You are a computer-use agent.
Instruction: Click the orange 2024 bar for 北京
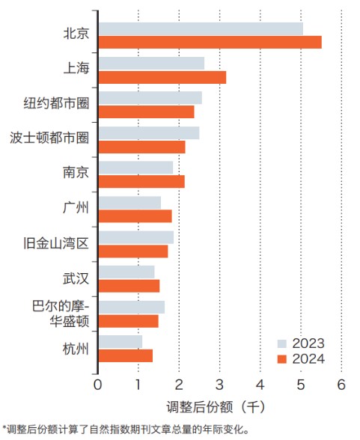[210, 42]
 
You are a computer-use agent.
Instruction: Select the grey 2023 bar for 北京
[201, 28]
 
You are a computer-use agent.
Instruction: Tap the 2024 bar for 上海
[162, 76]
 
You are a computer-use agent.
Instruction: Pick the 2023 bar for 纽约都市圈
[150, 97]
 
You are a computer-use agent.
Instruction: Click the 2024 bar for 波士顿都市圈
[141, 147]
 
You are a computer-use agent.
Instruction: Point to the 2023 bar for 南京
[135, 167]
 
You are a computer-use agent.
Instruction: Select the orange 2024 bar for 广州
[135, 216]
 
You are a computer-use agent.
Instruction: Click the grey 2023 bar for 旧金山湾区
[135, 236]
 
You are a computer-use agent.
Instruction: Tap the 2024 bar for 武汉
[129, 285]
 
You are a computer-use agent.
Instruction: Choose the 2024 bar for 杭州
[125, 355]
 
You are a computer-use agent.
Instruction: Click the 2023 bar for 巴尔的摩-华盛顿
[131, 307]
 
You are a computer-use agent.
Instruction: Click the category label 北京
[76, 34]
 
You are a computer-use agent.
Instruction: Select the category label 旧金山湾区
[56, 243]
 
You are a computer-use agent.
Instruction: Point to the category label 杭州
[76, 348]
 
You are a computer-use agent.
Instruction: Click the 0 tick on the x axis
[98, 385]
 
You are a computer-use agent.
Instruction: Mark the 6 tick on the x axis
[341, 385]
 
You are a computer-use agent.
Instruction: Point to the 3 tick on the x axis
[219, 385]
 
